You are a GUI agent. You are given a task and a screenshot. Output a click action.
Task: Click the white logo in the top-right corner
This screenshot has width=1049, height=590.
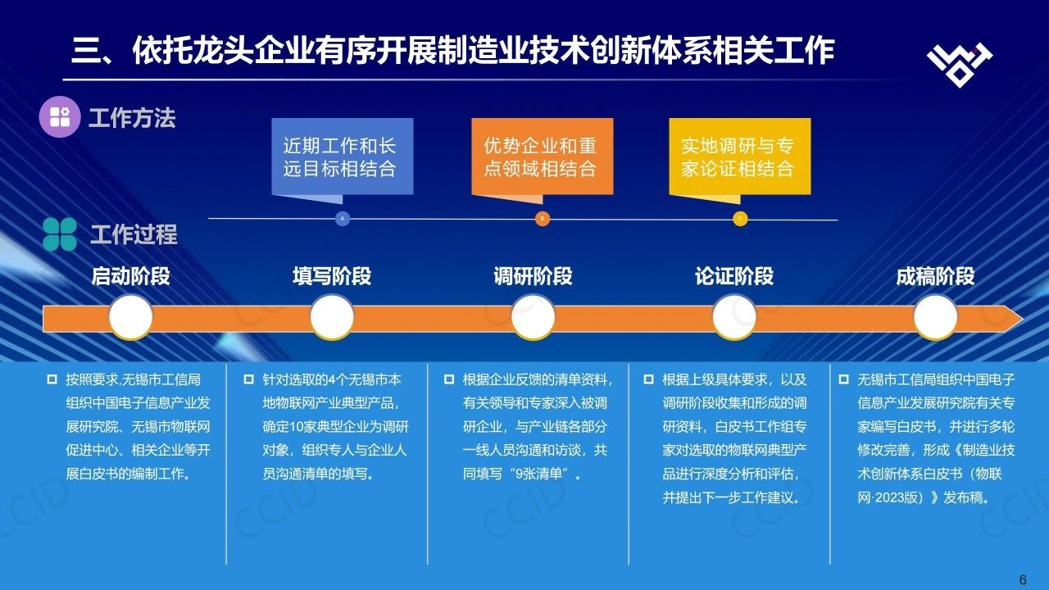click(960, 65)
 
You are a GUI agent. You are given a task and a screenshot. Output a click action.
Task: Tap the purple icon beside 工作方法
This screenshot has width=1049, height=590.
click(60, 116)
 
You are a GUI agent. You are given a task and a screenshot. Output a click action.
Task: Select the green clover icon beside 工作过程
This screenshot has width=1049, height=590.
click(60, 234)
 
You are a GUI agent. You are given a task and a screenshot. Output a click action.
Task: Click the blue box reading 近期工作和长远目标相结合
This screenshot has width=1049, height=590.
click(343, 157)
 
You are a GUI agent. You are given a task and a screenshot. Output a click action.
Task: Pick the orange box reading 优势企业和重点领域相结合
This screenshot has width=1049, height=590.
click(543, 157)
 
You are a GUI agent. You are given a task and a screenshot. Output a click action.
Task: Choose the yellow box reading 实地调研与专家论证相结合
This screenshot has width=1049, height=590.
click(740, 157)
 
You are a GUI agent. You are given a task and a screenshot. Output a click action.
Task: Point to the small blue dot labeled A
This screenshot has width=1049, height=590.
click(343, 219)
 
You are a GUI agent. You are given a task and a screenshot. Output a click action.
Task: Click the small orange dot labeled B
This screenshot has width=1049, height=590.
click(543, 219)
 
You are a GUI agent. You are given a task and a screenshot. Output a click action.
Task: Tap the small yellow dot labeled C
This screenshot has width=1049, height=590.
click(740, 219)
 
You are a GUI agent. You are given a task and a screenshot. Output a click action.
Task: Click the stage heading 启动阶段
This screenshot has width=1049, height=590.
click(130, 276)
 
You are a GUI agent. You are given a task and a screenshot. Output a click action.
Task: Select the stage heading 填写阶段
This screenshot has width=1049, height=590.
click(332, 276)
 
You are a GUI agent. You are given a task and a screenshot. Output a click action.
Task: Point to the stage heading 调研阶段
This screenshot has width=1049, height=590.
click(533, 276)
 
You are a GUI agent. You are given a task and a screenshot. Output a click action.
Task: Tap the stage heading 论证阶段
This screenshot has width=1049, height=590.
click(734, 276)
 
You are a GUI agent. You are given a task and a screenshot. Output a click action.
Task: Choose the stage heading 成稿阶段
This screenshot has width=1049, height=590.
click(935, 276)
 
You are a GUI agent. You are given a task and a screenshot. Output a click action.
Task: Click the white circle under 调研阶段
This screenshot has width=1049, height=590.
click(533, 317)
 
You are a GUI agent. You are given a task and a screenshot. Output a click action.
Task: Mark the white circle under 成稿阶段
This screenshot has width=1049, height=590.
click(935, 317)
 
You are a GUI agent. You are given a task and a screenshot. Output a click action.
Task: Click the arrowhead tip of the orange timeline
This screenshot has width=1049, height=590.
click(1023, 319)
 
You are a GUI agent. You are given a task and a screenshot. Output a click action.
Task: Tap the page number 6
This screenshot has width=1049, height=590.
click(1023, 579)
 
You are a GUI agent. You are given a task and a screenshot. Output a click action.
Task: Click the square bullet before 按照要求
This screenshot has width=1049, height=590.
click(52, 379)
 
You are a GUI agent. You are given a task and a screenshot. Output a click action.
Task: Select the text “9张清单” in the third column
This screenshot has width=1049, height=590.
click(538, 474)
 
